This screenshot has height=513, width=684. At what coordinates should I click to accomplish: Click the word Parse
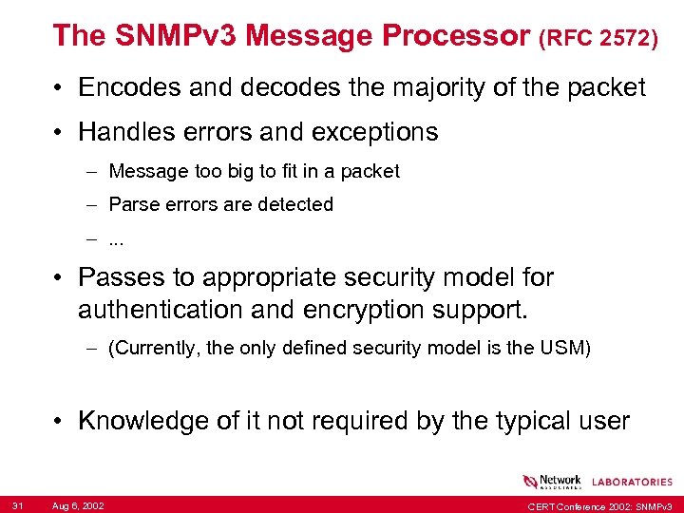(133, 204)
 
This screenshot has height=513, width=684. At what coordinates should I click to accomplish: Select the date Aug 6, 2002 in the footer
(79, 504)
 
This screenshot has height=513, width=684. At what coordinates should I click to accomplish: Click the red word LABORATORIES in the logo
(632, 482)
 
